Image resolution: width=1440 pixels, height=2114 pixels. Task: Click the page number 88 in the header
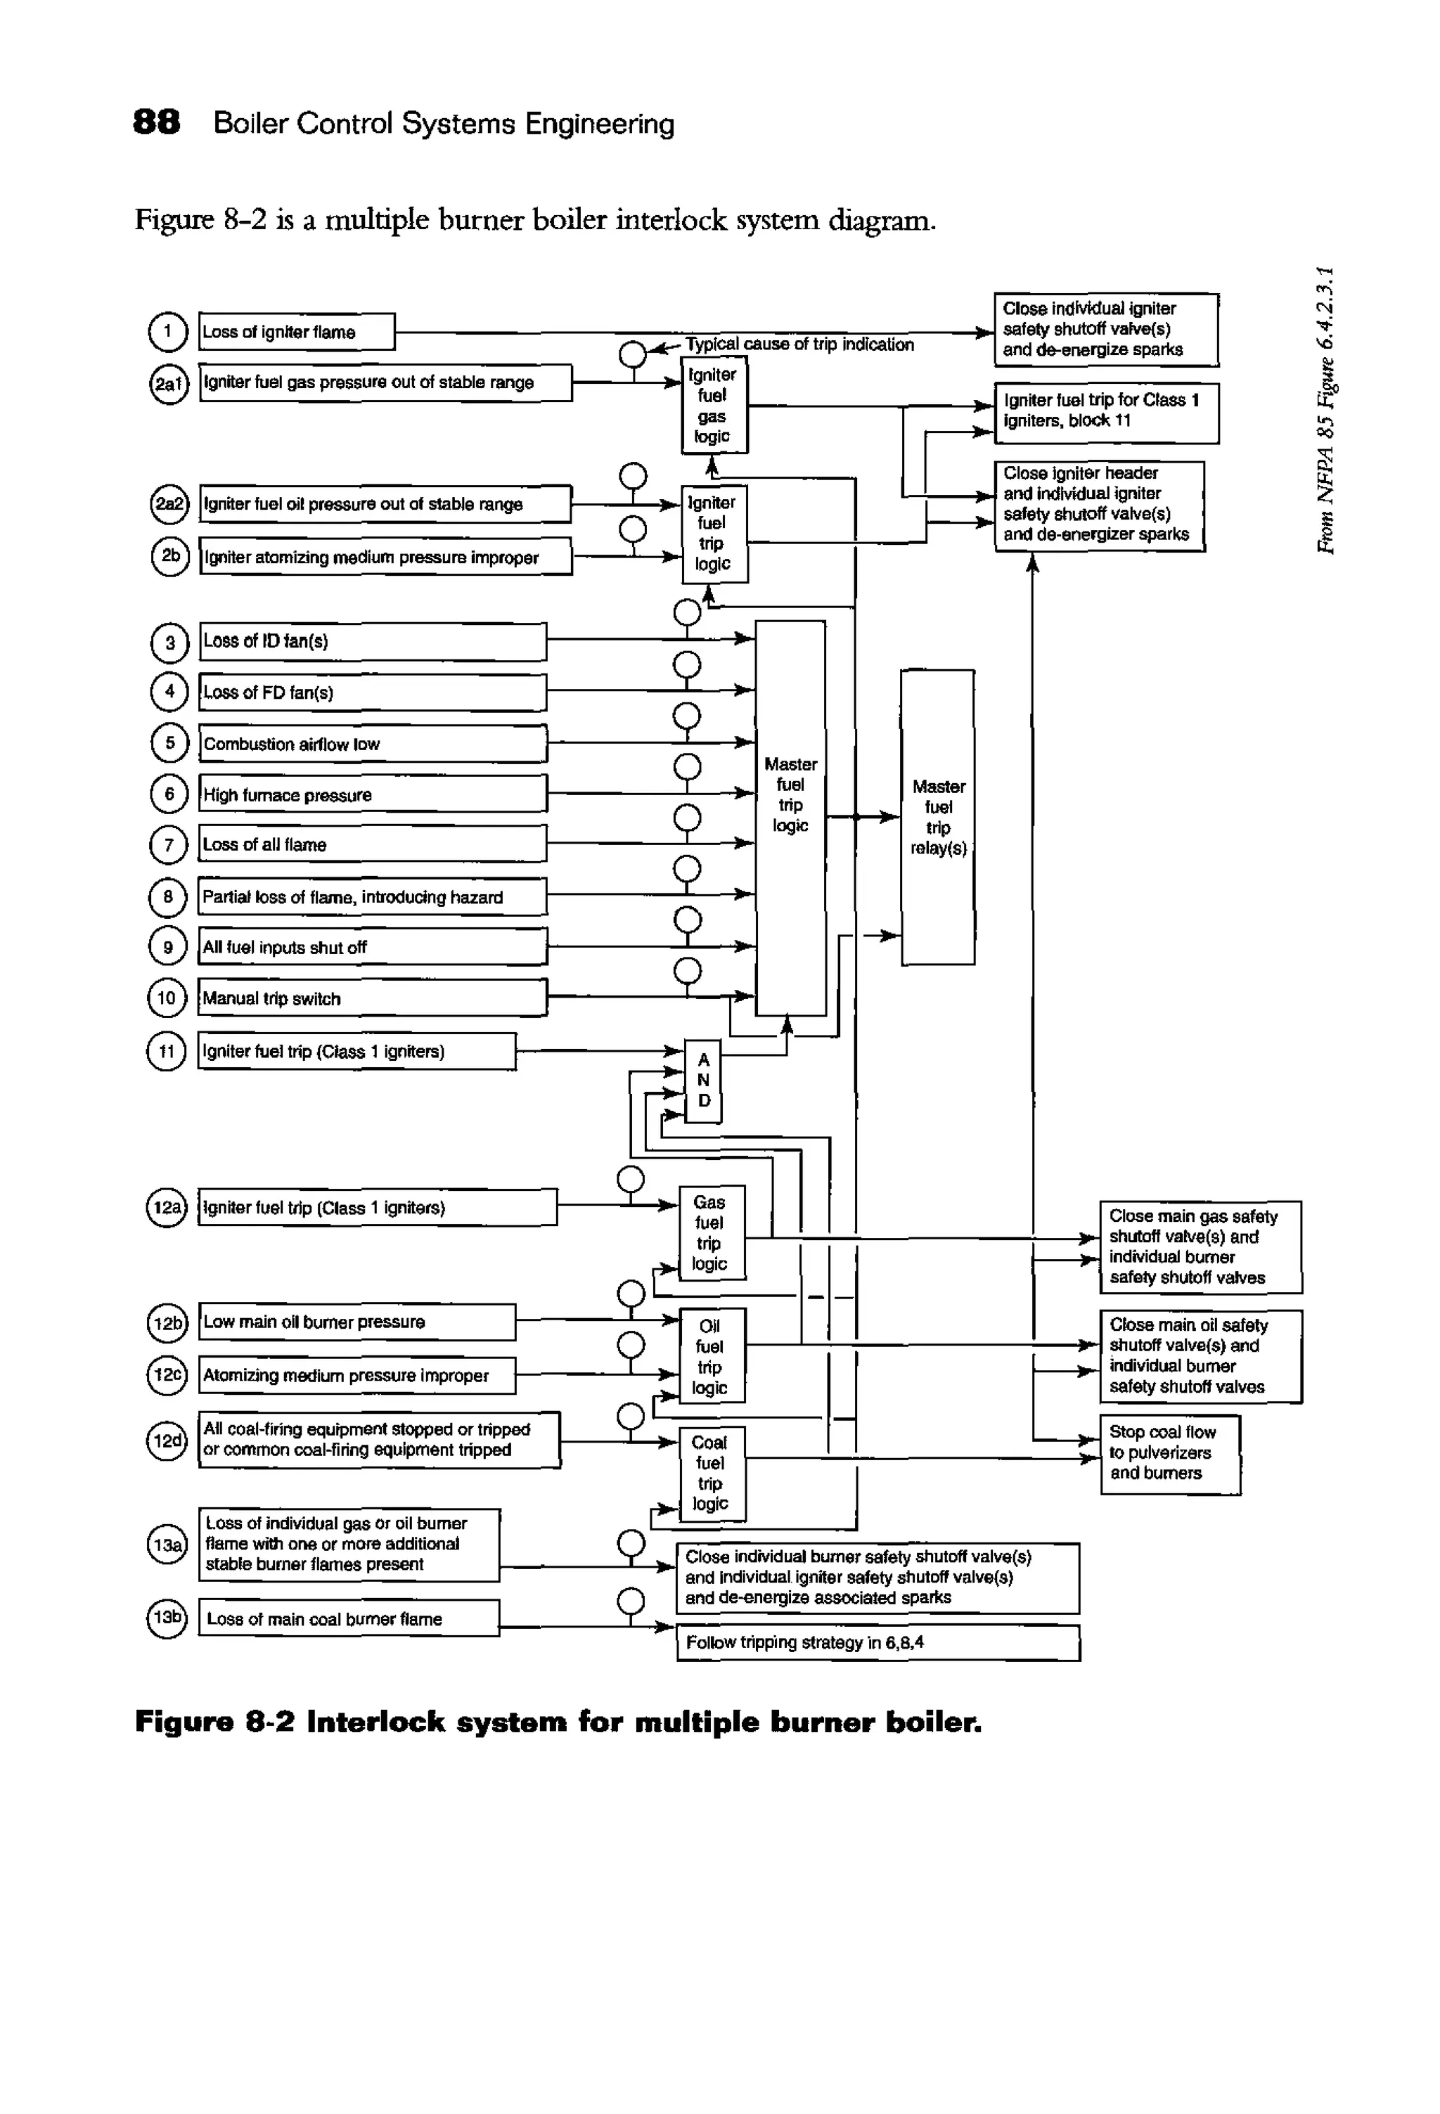point(157,122)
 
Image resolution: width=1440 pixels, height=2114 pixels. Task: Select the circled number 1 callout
point(167,331)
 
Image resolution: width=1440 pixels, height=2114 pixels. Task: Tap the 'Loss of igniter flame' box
point(297,332)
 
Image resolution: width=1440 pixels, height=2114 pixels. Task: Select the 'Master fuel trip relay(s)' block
point(938,817)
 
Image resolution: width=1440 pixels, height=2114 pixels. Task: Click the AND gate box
point(703,1081)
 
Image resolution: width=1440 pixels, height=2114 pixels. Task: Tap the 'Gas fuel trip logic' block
point(712,1232)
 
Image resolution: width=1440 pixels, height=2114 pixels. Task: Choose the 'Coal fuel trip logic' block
point(712,1473)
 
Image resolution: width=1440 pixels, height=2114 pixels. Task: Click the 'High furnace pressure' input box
point(372,794)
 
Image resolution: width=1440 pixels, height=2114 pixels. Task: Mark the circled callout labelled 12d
point(167,1441)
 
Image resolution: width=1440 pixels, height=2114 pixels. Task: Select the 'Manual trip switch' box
point(372,998)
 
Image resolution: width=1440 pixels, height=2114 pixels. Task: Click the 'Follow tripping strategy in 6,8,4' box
point(877,1642)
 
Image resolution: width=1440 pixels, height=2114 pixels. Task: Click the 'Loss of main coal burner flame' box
point(349,1618)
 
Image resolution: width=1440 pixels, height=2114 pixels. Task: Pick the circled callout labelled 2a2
point(168,504)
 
